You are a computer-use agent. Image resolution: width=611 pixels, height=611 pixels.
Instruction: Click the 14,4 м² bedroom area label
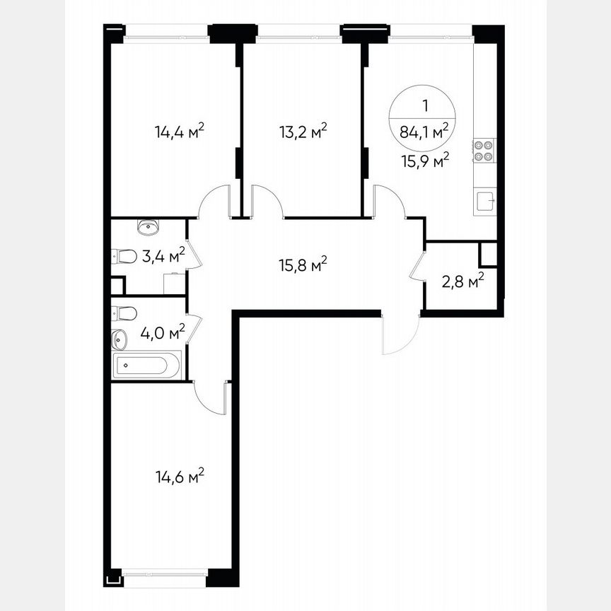click(x=180, y=132)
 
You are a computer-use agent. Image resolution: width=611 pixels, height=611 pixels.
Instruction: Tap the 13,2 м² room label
click(x=303, y=132)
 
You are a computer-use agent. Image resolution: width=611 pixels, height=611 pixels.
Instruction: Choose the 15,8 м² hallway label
click(x=303, y=265)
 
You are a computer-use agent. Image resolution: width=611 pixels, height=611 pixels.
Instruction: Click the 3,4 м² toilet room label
click(x=163, y=255)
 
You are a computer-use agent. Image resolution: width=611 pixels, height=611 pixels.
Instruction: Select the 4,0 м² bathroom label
click(x=163, y=332)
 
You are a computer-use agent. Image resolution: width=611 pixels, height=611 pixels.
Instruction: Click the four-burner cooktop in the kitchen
click(x=484, y=151)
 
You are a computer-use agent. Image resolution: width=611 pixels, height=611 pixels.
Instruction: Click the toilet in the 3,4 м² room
click(x=124, y=256)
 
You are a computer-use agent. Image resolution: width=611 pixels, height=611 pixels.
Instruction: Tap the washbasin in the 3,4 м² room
click(x=149, y=227)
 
